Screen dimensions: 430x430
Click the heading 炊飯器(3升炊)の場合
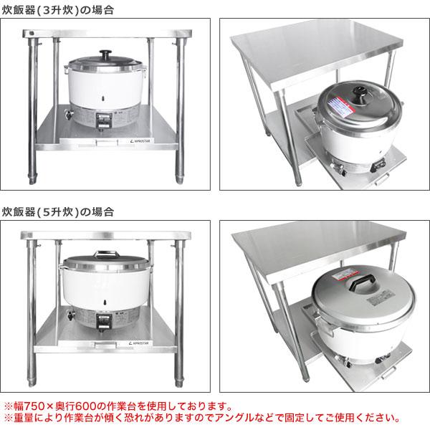[x=59, y=10]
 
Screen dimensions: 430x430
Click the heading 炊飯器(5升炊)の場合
[x=59, y=212]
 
